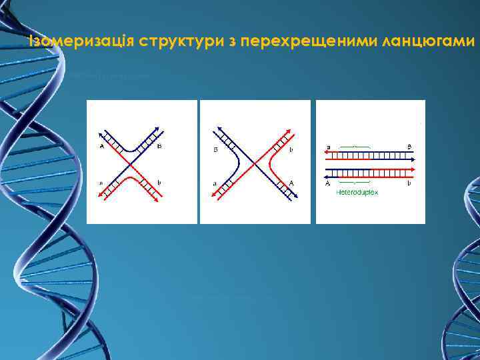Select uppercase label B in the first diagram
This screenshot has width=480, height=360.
coord(160,147)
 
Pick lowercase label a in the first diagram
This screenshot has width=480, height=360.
coord(101,181)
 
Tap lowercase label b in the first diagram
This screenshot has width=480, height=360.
coord(160,181)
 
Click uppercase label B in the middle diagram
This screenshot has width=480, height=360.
coord(216,151)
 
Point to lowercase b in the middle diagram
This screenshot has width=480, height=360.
coord(291,151)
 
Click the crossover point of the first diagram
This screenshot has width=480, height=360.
coord(130,163)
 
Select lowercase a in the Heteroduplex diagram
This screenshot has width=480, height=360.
coord(327,147)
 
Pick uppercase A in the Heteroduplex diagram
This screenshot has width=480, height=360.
coord(327,181)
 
